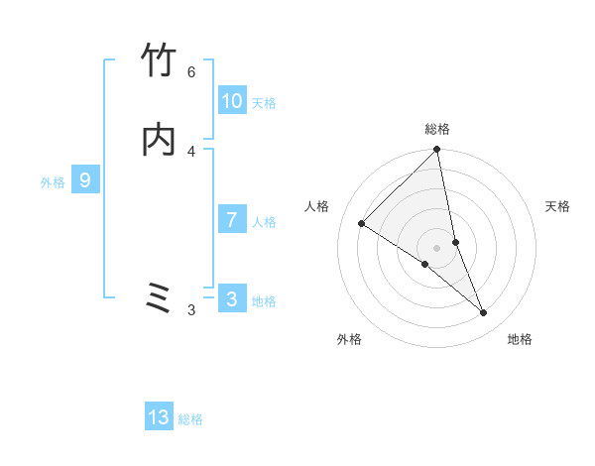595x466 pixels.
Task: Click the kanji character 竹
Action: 159,61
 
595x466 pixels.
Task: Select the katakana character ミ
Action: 159,298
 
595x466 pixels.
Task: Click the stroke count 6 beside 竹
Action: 191,71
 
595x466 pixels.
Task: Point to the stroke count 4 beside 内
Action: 191,151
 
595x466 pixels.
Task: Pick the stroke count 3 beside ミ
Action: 191,310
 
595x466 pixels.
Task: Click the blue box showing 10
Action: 232,101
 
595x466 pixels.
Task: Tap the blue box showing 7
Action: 232,219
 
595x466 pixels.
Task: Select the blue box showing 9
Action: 85,180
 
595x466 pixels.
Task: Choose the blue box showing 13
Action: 159,417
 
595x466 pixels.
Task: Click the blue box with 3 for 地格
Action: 232,298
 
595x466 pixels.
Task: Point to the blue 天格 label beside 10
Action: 264,103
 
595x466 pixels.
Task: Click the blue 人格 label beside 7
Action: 264,222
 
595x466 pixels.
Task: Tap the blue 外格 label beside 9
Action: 53,182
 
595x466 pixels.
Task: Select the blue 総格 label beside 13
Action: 190,420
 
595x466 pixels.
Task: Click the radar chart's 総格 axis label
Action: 437,129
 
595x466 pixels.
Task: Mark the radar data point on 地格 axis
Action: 484,313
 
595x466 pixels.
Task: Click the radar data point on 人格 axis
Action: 361,224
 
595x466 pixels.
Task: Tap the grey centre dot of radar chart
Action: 437,247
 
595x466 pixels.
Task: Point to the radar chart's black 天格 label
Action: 558,206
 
